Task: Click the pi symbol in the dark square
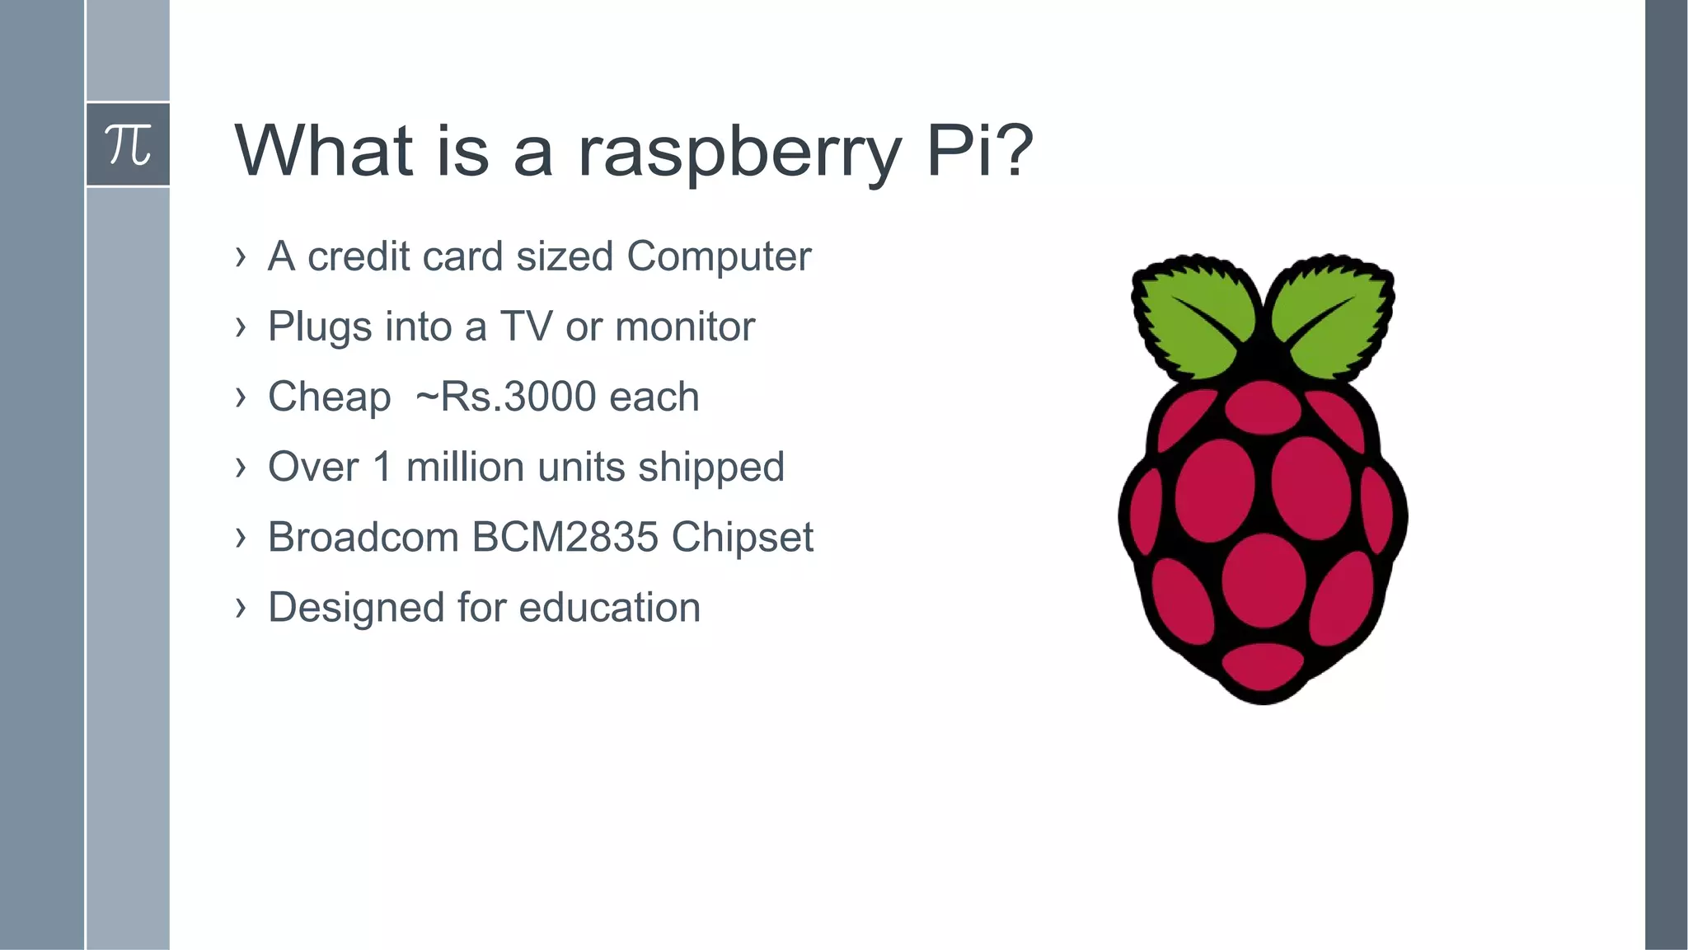tap(128, 144)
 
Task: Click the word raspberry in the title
tap(738, 152)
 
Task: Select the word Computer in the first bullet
tap(719, 256)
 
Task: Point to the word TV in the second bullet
tap(526, 327)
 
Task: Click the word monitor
tap(684, 327)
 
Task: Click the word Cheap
tap(329, 397)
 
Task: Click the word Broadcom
tap(363, 537)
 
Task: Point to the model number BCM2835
tap(565, 537)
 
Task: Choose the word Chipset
tap(742, 538)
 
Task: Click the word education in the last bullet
tap(609, 608)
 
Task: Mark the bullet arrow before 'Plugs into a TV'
tap(240, 327)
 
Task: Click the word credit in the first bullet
tap(359, 256)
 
